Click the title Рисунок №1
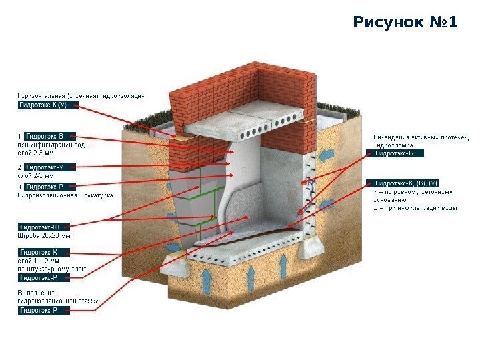405,24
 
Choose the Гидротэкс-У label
51,167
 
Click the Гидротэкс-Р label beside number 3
51,187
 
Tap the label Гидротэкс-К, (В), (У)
405,183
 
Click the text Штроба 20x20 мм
44,235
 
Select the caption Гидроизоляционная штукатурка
65,195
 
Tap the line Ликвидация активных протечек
421,137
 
